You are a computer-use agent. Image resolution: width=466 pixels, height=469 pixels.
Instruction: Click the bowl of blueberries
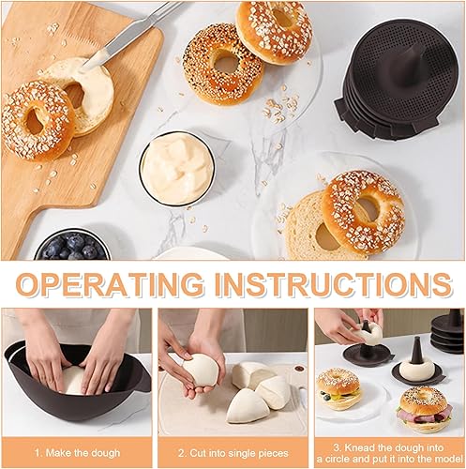(72, 246)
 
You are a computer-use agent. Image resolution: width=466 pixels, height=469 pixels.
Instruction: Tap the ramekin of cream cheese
(177, 169)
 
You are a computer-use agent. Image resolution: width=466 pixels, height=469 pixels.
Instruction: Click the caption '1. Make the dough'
(77, 453)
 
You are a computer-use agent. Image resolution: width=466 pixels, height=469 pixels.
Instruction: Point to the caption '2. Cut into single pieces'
(233, 453)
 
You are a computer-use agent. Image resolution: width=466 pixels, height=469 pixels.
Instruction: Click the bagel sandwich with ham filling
(425, 410)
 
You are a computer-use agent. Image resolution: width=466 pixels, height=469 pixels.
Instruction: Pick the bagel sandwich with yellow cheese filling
(338, 389)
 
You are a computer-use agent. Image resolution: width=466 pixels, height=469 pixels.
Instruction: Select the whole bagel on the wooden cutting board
(38, 120)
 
